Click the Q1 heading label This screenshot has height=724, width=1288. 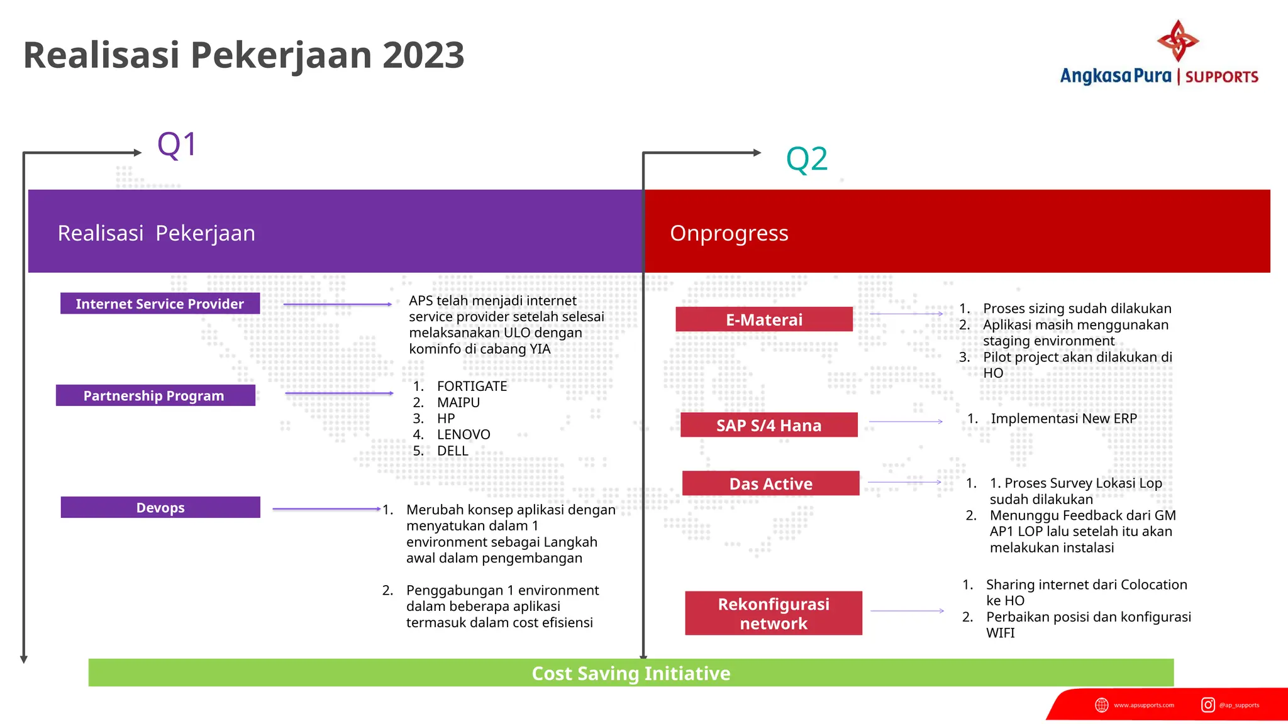click(x=177, y=145)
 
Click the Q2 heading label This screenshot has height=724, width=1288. click(x=806, y=160)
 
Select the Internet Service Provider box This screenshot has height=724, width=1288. click(x=160, y=304)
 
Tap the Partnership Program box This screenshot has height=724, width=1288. click(x=155, y=395)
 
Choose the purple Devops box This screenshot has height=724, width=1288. click(x=160, y=507)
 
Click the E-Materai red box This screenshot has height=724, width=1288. click(x=764, y=319)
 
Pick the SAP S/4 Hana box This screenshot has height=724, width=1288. click(x=769, y=425)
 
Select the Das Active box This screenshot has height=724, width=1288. click(x=770, y=483)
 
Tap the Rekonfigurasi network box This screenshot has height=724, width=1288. click(x=774, y=613)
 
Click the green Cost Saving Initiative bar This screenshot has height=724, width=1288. click(x=631, y=673)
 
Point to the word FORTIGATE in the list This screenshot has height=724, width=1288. click(x=472, y=386)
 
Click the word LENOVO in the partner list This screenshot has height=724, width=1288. click(x=464, y=434)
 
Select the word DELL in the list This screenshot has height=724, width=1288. click(x=453, y=451)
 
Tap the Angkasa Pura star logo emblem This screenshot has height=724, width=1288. click(x=1177, y=41)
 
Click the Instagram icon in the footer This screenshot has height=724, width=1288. click(x=1207, y=705)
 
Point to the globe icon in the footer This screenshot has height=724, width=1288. click(x=1102, y=705)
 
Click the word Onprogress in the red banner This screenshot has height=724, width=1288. click(x=729, y=233)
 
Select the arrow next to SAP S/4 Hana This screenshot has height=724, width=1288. click(x=906, y=422)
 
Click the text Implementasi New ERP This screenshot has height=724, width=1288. click(x=1063, y=419)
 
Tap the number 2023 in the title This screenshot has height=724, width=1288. click(x=423, y=55)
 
